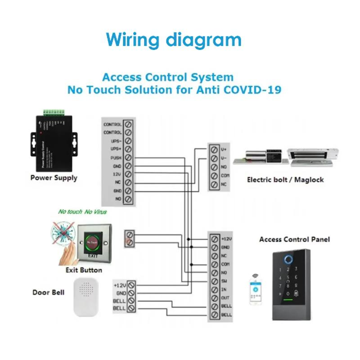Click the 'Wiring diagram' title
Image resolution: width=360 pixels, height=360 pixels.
point(174,40)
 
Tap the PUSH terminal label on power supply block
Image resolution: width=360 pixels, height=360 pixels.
point(116,157)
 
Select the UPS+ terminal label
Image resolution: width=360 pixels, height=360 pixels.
point(116,149)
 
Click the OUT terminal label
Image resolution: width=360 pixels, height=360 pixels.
point(225,297)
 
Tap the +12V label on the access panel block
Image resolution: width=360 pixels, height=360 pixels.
point(226,239)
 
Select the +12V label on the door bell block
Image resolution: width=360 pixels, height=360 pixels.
point(120,285)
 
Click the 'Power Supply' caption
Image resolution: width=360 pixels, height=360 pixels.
point(54,178)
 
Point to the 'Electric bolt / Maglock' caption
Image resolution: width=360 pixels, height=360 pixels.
point(285,180)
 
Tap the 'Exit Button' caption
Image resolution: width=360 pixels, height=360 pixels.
point(84,270)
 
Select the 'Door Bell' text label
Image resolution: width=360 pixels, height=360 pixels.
point(48,292)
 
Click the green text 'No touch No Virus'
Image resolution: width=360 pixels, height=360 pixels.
point(82,211)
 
